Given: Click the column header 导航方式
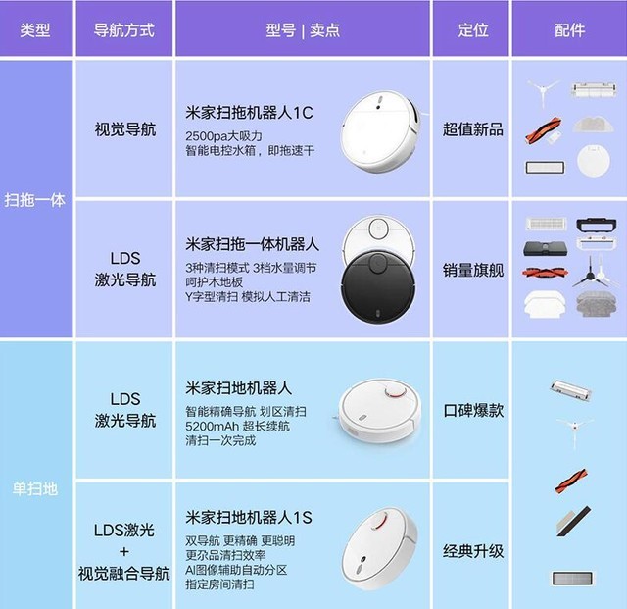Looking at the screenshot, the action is pyautogui.click(x=124, y=30).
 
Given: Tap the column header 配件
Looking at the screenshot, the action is pyautogui.click(x=569, y=30).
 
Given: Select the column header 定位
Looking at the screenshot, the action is pyautogui.click(x=473, y=30).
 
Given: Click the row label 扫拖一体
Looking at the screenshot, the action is pyautogui.click(x=35, y=200).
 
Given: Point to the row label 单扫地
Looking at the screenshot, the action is pyautogui.click(x=35, y=489).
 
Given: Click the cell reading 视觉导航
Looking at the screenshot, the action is pyautogui.click(x=125, y=129).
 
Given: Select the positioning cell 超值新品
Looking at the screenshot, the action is pyautogui.click(x=472, y=129).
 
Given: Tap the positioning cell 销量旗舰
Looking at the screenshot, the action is pyautogui.click(x=472, y=271).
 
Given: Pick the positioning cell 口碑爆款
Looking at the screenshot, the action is pyautogui.click(x=473, y=410).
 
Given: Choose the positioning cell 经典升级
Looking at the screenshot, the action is pyautogui.click(x=472, y=551).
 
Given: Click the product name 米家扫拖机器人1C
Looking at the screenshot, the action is pyautogui.click(x=249, y=113).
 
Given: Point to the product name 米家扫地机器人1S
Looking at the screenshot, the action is pyautogui.click(x=248, y=518).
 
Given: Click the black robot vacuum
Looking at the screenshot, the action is pyautogui.click(x=378, y=286).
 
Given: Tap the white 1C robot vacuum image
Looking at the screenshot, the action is pyautogui.click(x=380, y=131).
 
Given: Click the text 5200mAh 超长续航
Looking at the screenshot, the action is pyautogui.click(x=237, y=426).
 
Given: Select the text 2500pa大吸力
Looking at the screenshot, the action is pyautogui.click(x=223, y=136).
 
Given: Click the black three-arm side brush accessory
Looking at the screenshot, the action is pyautogui.click(x=590, y=273).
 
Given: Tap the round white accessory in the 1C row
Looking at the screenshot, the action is pyautogui.click(x=594, y=162).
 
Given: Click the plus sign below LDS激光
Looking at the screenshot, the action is pyautogui.click(x=124, y=552).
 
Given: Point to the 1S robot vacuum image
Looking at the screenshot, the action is pyautogui.click(x=380, y=549).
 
